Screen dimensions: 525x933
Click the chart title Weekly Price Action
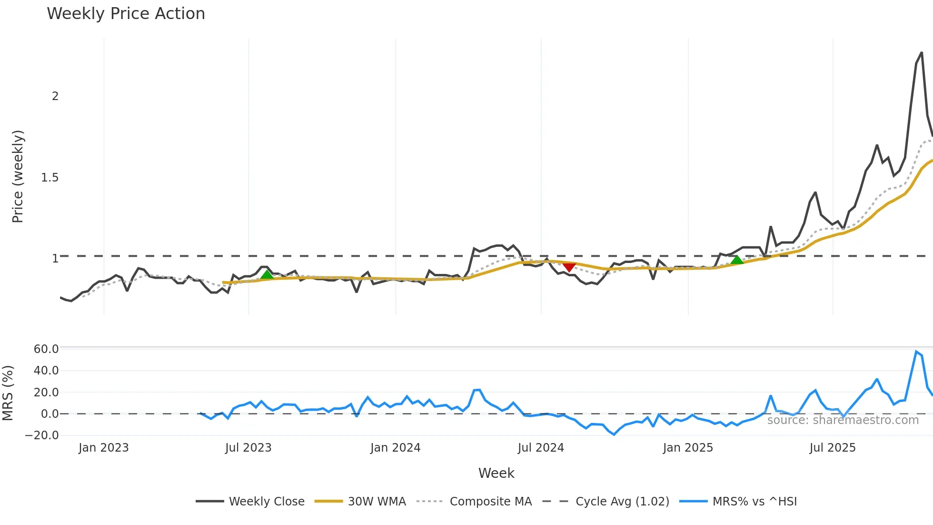point(126,14)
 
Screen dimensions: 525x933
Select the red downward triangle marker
point(569,267)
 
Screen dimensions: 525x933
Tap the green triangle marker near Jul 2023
point(267,274)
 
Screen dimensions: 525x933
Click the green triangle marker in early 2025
point(737,260)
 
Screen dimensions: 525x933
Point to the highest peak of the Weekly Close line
point(922,53)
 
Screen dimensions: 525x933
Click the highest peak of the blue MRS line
point(916,352)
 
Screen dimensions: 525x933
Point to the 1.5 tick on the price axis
point(50,178)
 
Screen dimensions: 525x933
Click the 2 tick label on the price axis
point(55,96)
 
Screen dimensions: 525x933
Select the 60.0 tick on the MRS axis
point(46,349)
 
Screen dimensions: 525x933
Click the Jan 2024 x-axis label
point(395,448)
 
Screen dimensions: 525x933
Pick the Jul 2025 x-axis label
point(832,448)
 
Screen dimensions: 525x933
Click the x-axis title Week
point(496,473)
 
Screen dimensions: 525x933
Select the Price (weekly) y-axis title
point(18,176)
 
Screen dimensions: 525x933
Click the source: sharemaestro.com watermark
point(843,420)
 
